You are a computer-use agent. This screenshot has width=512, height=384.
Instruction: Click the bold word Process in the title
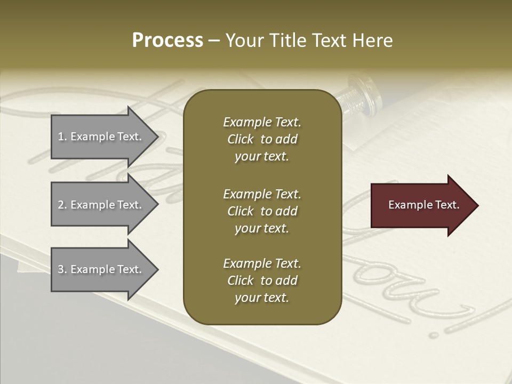(x=167, y=41)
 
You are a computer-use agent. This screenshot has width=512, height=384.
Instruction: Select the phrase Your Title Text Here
(x=309, y=41)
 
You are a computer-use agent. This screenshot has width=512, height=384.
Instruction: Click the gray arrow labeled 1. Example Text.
(x=101, y=137)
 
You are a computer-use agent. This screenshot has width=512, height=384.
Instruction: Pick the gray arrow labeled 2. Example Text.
(x=101, y=205)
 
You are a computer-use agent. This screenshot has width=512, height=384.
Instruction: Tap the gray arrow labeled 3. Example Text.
(x=101, y=269)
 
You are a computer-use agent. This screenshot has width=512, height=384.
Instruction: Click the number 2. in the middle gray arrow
(x=62, y=205)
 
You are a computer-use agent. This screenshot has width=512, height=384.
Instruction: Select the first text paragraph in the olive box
(x=262, y=139)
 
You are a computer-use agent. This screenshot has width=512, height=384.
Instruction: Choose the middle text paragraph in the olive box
(x=262, y=211)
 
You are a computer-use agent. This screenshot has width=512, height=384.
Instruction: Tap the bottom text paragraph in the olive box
(x=262, y=281)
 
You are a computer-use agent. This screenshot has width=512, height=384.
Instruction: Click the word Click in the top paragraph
(x=240, y=139)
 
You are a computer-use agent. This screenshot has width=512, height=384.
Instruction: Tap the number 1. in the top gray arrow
(x=62, y=137)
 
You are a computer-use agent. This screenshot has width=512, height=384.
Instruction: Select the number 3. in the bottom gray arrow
(x=62, y=269)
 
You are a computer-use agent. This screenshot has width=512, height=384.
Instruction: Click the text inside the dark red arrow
(x=423, y=205)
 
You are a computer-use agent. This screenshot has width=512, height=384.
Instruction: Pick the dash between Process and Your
(x=214, y=41)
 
